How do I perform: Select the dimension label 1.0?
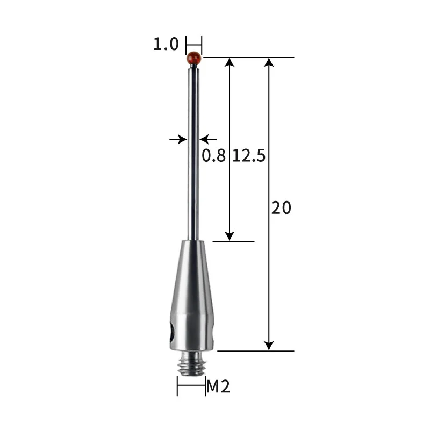166,44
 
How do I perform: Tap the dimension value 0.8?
213,156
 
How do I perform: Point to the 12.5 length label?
249,156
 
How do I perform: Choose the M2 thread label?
219,386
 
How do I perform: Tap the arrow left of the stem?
181,140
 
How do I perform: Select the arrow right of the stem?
205,140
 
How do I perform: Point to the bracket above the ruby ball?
193,42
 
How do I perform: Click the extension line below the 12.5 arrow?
233,241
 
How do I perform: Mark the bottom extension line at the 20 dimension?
255,351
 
